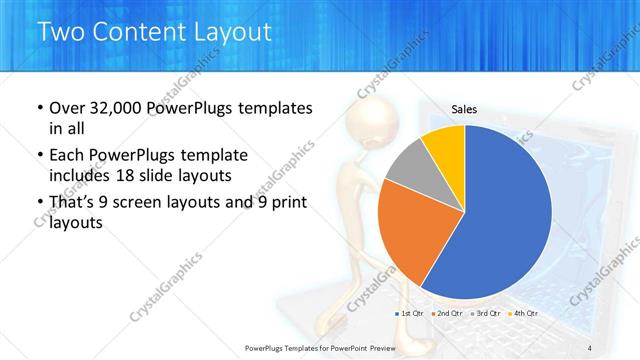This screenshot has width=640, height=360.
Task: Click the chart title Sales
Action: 464,111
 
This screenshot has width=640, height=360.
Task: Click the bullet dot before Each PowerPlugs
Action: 39,155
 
